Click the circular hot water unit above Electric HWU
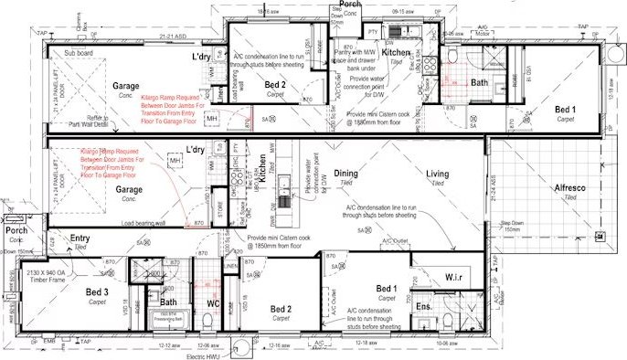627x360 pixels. coord(239,347)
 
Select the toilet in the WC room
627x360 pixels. coord(207,322)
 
